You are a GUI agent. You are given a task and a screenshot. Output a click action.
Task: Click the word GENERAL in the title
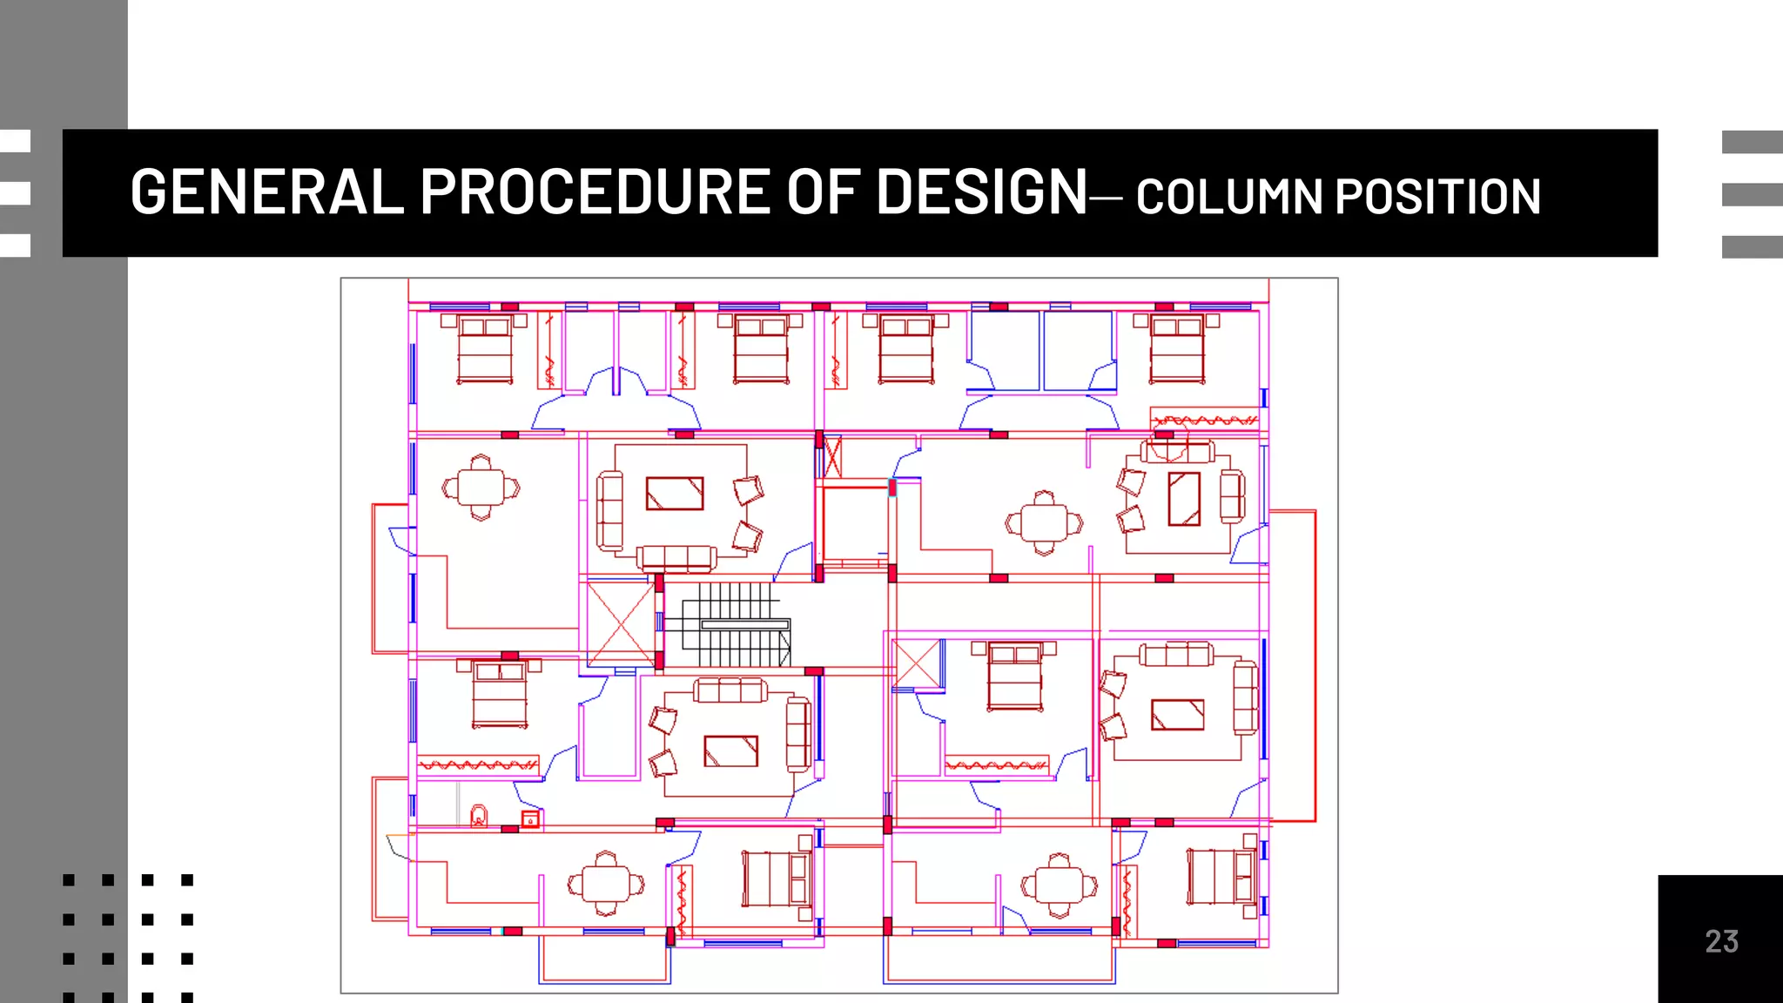pyautogui.click(x=266, y=192)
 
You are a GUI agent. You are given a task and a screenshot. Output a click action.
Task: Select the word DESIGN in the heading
pyautogui.click(x=981, y=192)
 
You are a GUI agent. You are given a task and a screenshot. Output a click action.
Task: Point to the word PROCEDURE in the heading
pyautogui.click(x=595, y=192)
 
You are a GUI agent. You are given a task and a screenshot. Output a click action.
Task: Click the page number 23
pyautogui.click(x=1721, y=941)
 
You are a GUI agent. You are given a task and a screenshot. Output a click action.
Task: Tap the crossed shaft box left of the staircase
pyautogui.click(x=620, y=623)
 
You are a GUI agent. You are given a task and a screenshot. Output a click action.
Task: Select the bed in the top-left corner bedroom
pyautogui.click(x=485, y=351)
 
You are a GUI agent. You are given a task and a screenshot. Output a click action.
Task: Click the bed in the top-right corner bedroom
pyautogui.click(x=1177, y=351)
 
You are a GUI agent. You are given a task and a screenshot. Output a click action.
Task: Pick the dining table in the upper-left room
pyautogui.click(x=481, y=488)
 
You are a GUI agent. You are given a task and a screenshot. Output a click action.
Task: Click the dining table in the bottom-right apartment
pyautogui.click(x=1059, y=886)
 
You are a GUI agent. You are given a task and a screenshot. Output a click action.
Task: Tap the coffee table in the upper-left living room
pyautogui.click(x=674, y=494)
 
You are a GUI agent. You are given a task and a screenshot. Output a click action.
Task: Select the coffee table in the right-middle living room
pyautogui.click(x=1177, y=715)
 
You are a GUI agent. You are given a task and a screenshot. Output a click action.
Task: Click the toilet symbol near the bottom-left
pyautogui.click(x=479, y=816)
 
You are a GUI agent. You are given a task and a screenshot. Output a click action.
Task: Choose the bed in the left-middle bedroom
pyautogui.click(x=499, y=694)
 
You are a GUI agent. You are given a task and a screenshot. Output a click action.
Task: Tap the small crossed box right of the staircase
pyautogui.click(x=918, y=664)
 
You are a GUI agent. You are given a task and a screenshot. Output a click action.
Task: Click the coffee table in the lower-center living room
pyautogui.click(x=730, y=751)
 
